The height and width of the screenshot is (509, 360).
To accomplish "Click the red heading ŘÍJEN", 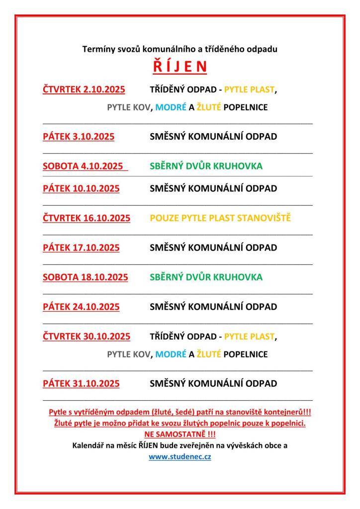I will tap(180, 67).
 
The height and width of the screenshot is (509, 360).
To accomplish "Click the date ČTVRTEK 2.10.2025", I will tap(84, 89).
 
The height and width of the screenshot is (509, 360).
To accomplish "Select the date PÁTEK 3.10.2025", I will tap(79, 136).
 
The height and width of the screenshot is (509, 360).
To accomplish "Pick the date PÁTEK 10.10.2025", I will tap(81, 188).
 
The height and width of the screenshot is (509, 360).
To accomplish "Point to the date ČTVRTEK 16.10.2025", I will tap(87, 218).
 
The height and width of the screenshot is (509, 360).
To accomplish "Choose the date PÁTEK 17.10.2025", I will tap(81, 248).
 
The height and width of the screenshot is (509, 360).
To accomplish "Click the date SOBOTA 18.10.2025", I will tap(85, 277).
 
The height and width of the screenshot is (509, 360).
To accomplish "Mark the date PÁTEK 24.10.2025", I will tap(81, 307).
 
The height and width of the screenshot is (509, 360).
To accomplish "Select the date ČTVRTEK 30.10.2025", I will tap(87, 337).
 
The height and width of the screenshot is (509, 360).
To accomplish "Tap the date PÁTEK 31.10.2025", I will tap(81, 383).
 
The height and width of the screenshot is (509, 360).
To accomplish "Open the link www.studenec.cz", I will tap(180, 456).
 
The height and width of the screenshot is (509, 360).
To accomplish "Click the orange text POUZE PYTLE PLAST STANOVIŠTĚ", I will tap(220, 218).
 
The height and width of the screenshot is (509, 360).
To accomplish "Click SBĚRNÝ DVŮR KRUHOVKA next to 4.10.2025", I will tap(206, 166).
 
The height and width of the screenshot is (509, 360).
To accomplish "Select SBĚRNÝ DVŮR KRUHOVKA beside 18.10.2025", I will tap(206, 277).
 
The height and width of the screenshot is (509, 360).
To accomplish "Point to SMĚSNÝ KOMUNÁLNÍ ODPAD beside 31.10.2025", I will tap(213, 383).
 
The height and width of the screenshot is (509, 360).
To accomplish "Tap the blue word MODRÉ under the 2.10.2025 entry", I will tap(171, 107).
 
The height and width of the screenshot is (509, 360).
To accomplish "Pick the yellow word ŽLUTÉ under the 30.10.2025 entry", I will tap(209, 354).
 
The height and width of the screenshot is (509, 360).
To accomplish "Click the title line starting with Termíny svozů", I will tap(180, 49).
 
